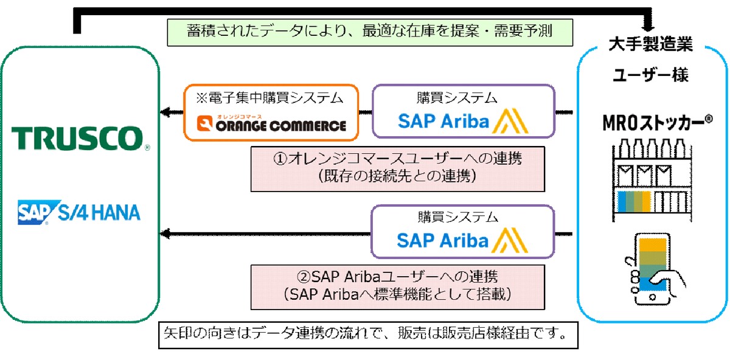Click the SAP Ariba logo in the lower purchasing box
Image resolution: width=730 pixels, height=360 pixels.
tap(462, 240)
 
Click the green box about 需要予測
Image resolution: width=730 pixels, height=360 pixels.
tap(369, 31)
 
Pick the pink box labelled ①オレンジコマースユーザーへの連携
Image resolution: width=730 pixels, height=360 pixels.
tap(398, 168)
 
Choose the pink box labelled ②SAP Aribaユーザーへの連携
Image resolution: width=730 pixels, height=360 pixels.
tap(398, 286)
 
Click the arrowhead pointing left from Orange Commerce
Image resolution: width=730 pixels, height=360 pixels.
tap(164, 112)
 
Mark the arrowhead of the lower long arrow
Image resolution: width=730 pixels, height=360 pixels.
tap(164, 234)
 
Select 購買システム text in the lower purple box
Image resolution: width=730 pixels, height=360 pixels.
tap(463, 216)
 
